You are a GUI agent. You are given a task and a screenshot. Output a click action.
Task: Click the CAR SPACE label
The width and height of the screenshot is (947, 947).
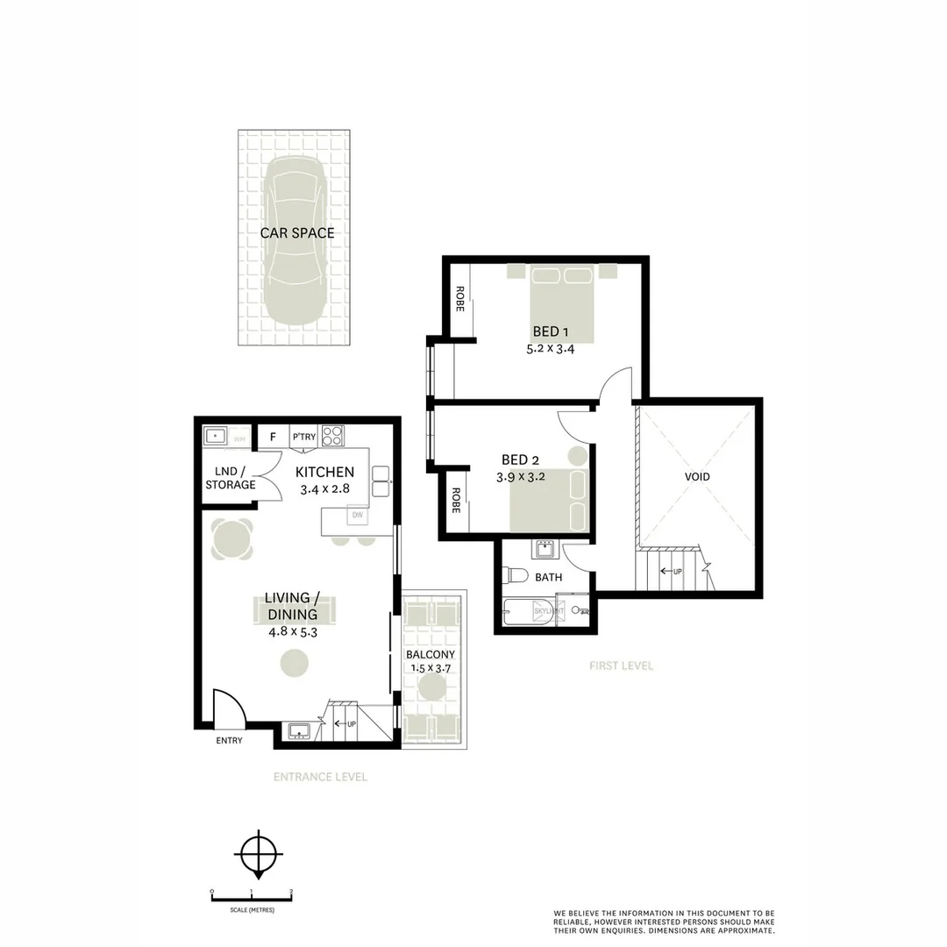click(296, 233)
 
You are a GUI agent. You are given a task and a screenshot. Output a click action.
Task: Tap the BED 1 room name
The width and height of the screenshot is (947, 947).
click(552, 331)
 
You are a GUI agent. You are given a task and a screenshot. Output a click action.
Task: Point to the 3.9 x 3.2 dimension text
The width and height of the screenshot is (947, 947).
click(523, 477)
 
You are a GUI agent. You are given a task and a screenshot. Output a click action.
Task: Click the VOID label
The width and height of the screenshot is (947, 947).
click(698, 477)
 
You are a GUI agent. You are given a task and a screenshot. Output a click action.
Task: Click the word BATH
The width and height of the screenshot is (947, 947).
click(549, 578)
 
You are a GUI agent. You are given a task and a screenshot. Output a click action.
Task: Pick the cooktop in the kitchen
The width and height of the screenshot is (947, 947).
click(332, 436)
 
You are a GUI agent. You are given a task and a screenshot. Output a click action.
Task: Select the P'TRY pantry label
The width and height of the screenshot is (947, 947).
click(304, 437)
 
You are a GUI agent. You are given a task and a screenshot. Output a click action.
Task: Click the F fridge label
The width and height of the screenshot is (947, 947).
click(273, 437)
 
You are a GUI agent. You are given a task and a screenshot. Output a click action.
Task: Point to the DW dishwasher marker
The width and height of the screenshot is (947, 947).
click(357, 516)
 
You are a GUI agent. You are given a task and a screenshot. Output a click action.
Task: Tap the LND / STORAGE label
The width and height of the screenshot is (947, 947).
click(231, 478)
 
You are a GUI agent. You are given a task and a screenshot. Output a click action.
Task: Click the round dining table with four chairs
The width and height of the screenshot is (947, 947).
click(232, 538)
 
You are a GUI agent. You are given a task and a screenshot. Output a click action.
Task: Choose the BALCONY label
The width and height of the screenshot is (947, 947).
click(430, 655)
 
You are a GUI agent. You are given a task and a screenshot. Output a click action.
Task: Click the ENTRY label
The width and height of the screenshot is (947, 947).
click(229, 741)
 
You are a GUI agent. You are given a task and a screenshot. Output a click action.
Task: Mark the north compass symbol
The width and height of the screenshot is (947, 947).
click(256, 853)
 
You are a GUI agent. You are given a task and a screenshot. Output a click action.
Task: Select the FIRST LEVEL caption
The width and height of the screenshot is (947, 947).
click(621, 666)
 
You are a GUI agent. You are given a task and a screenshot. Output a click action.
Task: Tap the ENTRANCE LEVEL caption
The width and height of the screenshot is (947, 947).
click(320, 777)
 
